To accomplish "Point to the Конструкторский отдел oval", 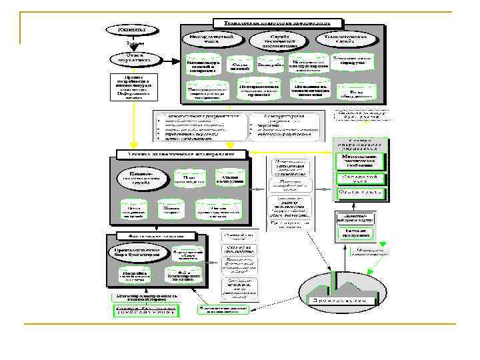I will (x=211, y=38).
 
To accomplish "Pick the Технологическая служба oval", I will (x=349, y=39).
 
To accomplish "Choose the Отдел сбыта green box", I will (x=359, y=193).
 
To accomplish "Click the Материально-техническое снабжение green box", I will (x=359, y=161).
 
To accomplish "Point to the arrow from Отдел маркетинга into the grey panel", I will (x=170, y=60).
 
